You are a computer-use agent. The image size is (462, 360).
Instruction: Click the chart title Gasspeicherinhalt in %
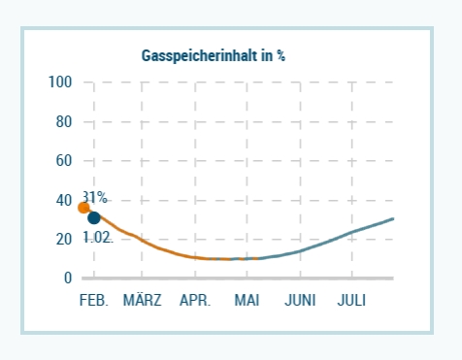(214, 55)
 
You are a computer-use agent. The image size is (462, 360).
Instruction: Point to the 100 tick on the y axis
(60, 82)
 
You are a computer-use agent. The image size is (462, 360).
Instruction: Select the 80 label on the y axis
(63, 122)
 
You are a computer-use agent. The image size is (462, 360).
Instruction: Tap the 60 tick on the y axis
(63, 161)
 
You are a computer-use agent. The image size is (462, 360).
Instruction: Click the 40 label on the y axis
(63, 200)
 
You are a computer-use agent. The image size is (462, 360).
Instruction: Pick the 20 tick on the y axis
(63, 239)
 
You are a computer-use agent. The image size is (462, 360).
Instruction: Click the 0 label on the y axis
(68, 278)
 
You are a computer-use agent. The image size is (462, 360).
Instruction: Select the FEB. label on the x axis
(93, 301)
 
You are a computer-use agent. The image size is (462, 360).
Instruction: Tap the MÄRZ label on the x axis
(143, 301)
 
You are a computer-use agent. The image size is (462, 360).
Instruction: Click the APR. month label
(195, 301)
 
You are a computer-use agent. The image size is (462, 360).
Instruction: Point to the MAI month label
(247, 301)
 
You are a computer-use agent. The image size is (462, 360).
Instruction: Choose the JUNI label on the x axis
(300, 301)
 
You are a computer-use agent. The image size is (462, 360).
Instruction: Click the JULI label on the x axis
(351, 301)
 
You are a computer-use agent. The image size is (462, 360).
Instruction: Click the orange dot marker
(84, 207)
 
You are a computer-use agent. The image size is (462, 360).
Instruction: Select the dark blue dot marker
(94, 217)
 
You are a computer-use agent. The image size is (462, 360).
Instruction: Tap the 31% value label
(95, 197)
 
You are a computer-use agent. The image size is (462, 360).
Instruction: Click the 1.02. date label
(97, 237)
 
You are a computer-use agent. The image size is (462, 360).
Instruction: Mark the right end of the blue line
(393, 219)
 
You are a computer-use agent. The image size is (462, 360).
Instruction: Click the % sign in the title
(280, 55)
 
